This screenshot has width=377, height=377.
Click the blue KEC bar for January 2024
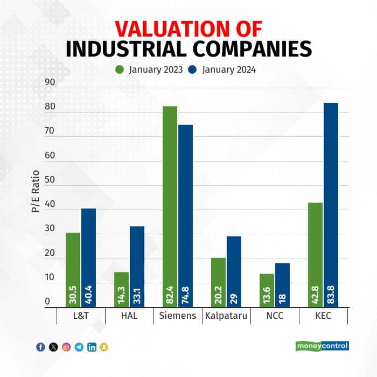point(331,205)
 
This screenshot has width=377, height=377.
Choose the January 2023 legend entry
point(150,69)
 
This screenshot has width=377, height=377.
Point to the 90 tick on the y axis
point(50,82)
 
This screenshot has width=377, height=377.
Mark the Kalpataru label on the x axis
point(226,316)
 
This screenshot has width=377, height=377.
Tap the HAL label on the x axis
point(129,316)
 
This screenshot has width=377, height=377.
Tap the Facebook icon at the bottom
point(40,347)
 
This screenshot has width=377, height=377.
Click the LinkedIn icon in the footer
point(92,347)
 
